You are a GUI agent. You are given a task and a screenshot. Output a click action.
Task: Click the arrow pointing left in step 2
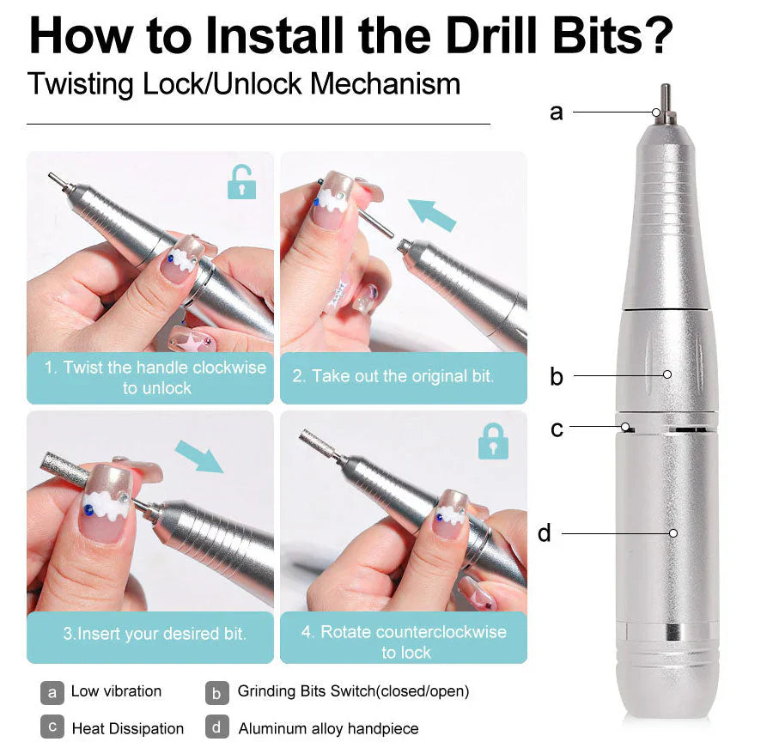pyautogui.click(x=432, y=215)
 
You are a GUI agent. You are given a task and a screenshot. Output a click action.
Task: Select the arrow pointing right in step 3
pyautogui.click(x=198, y=456)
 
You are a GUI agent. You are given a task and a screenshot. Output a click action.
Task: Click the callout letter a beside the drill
pyautogui.click(x=557, y=112)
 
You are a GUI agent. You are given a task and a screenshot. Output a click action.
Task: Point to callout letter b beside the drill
pyautogui.click(x=557, y=376)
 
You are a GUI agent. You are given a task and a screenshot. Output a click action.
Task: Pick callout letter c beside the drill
pyautogui.click(x=557, y=428)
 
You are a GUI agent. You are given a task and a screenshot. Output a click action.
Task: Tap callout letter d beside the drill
pyautogui.click(x=545, y=533)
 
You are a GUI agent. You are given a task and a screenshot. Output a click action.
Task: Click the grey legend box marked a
pyautogui.click(x=52, y=691)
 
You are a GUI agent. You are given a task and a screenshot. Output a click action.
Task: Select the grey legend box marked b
pyautogui.click(x=217, y=691)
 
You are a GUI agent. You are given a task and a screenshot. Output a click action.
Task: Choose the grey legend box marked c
pyautogui.click(x=52, y=727)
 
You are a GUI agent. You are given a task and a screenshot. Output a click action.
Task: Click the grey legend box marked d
pyautogui.click(x=217, y=727)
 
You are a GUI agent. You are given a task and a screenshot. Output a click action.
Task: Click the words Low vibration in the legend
pyautogui.click(x=116, y=691)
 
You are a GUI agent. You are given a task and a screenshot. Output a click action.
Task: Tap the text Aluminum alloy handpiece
pyautogui.click(x=328, y=728)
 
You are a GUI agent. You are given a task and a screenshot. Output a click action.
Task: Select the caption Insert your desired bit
pyautogui.click(x=155, y=635)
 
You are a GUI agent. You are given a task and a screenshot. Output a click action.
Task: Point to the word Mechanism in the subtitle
pyautogui.click(x=386, y=84)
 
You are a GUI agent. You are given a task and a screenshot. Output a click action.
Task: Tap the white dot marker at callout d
pyautogui.click(x=673, y=533)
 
